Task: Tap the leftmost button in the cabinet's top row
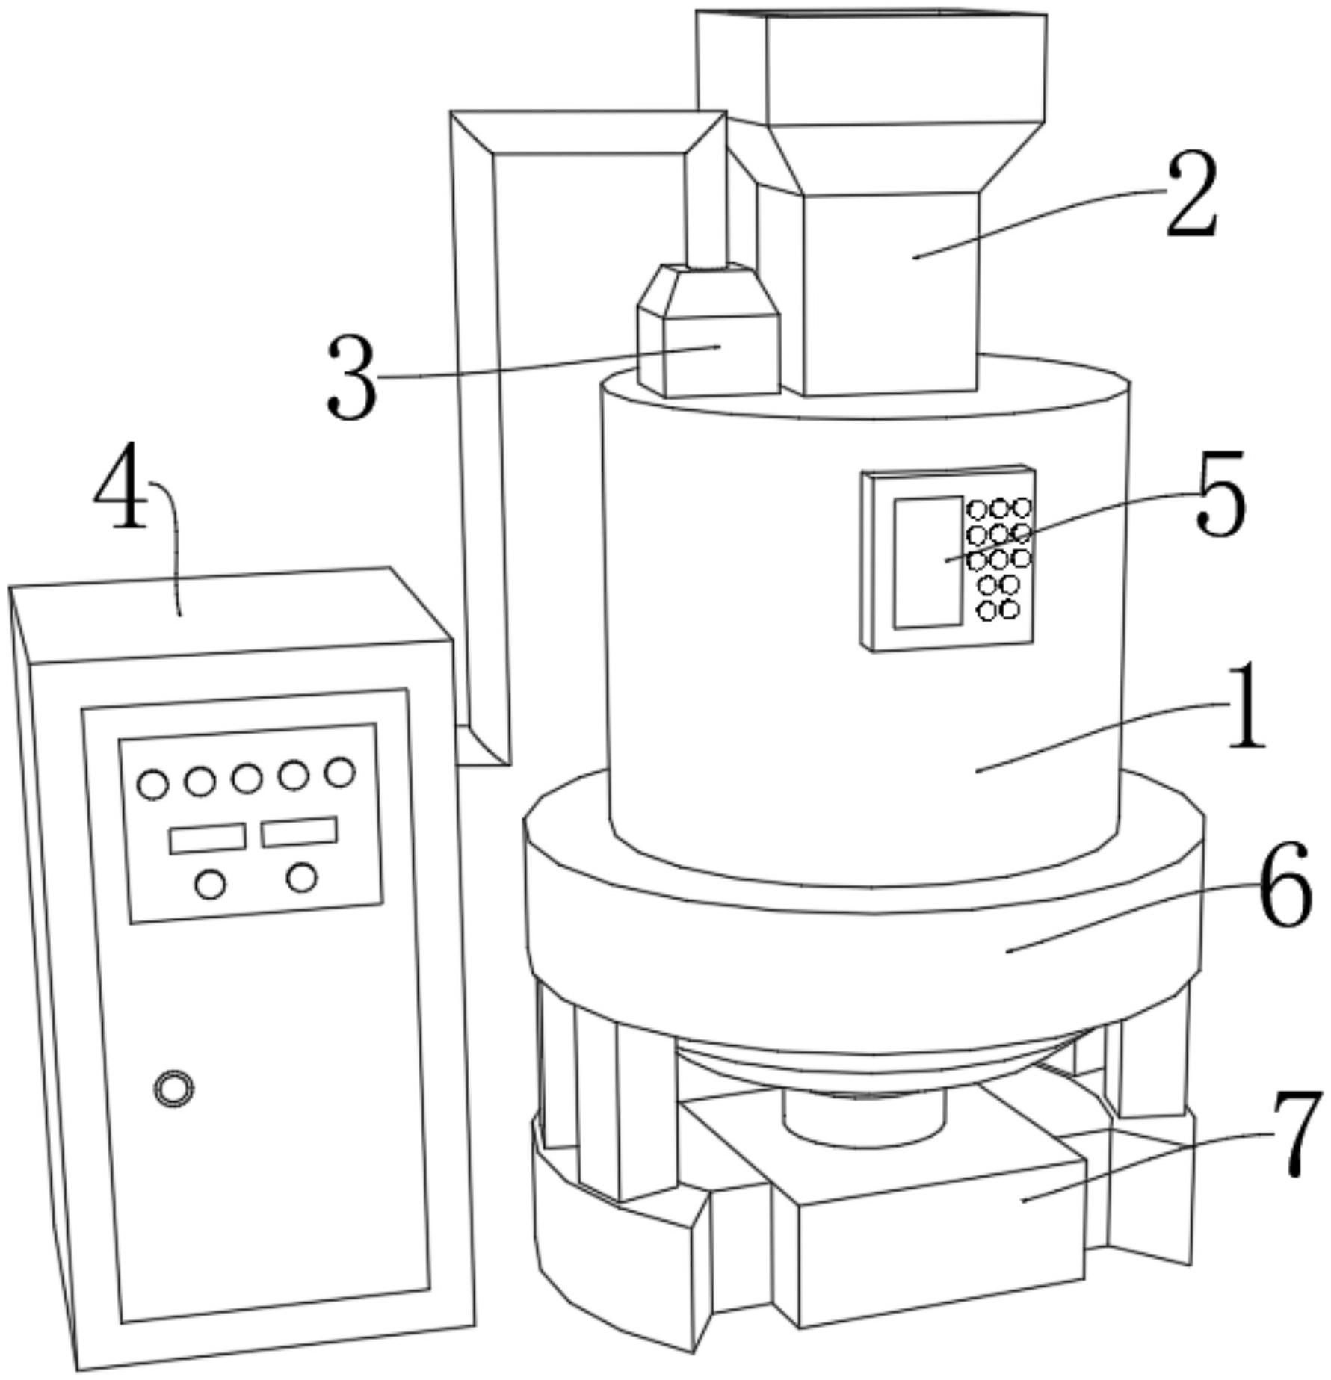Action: [152, 785]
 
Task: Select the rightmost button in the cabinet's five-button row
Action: [340, 772]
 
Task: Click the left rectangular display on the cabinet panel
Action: [208, 838]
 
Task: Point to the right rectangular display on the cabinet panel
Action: [299, 832]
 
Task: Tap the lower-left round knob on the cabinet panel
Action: [210, 885]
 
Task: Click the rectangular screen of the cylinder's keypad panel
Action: [929, 562]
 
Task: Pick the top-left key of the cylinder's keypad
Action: [978, 510]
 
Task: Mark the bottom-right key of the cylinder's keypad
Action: [1010, 610]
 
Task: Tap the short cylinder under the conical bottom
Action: [864, 1122]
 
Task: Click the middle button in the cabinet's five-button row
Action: [247, 779]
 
